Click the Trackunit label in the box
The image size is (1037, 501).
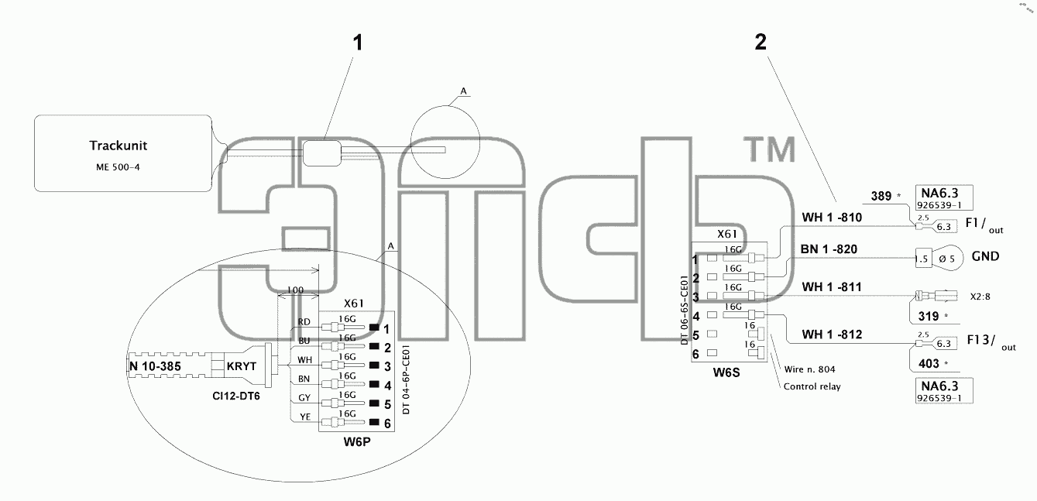click(118, 146)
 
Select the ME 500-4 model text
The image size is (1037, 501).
click(118, 167)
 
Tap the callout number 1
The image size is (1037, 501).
click(357, 43)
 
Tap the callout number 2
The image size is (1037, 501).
click(761, 42)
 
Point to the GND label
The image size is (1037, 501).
click(985, 256)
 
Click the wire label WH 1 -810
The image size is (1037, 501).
click(832, 217)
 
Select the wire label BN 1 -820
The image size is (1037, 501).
click(829, 249)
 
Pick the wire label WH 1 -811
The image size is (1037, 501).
click(832, 287)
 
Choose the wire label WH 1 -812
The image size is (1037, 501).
click(832, 335)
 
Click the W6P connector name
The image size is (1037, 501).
click(357, 441)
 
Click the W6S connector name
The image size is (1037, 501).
click(726, 372)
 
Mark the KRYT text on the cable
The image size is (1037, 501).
click(241, 366)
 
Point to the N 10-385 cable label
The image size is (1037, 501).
click(155, 366)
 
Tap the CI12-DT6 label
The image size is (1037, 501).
click(236, 396)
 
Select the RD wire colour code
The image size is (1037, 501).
click(304, 322)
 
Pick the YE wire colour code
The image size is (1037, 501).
click(304, 417)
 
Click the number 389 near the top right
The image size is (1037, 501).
click(881, 196)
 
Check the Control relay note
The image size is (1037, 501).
click(812, 386)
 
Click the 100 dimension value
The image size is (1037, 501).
click(295, 290)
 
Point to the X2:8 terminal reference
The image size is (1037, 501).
click(980, 297)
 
